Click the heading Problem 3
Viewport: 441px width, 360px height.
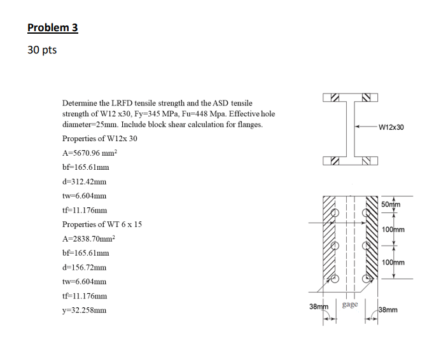(52, 27)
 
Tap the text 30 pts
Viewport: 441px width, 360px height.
(42, 50)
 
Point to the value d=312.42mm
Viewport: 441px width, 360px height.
(85, 181)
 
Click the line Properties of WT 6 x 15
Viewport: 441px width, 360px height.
(102, 225)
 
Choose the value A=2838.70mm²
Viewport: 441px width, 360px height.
(88, 239)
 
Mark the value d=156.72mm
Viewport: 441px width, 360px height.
(85, 268)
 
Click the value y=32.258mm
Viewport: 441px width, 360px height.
(84, 310)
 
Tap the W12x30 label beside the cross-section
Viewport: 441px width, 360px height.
(391, 127)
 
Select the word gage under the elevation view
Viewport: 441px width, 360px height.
(349, 304)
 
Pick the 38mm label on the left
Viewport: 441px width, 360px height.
(319, 307)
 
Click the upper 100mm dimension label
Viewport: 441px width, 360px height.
(393, 229)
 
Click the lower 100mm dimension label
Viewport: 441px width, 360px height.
(393, 262)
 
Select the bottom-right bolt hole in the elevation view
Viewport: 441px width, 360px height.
(367, 278)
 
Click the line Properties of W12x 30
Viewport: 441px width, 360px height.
(99, 139)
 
